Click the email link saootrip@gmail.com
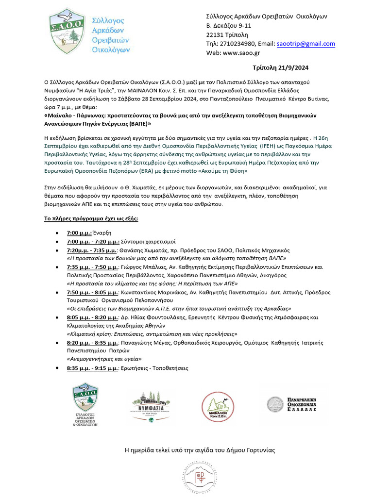pos(305,44)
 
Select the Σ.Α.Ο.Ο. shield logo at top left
pos(68,31)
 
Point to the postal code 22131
pos(217,34)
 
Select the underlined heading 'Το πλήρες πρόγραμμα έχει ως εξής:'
pos(91,218)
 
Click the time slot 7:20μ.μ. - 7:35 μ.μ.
pos(92,250)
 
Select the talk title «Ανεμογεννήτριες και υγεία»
pos(103,359)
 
